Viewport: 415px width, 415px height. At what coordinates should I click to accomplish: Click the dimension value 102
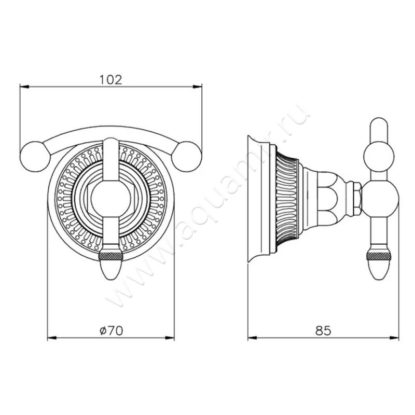[x=110, y=79]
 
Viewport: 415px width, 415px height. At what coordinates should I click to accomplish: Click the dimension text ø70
[x=110, y=330]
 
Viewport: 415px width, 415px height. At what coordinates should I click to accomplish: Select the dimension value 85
[x=322, y=330]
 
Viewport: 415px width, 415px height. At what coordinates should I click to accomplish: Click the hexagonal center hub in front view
[x=110, y=199]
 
